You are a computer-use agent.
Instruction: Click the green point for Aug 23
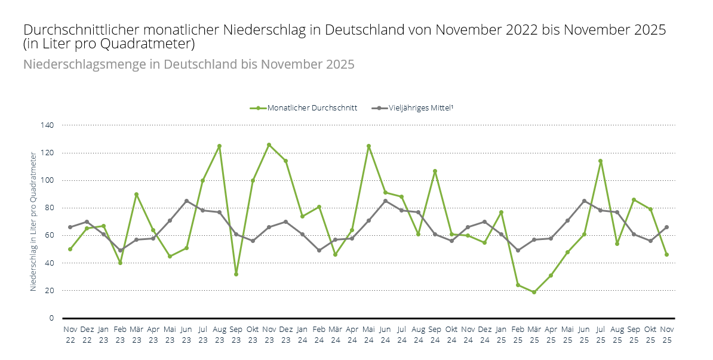(219, 146)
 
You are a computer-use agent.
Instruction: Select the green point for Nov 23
(269, 144)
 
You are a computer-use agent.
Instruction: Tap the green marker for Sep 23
(236, 274)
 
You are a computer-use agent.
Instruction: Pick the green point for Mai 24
(368, 146)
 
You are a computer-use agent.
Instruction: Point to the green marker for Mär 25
(534, 292)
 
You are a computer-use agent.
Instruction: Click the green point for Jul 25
(600, 161)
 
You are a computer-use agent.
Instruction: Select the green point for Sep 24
(435, 171)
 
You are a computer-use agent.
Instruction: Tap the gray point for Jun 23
(186, 201)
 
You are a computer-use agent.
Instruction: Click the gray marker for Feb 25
(517, 250)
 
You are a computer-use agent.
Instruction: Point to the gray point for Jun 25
(583, 201)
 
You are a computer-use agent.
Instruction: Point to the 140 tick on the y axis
(48, 125)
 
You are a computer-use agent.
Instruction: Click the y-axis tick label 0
(51, 318)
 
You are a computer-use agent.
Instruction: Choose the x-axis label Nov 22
(70, 333)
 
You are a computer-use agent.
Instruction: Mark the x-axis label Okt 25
(650, 333)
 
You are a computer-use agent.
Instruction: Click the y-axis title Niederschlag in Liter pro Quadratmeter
(33, 221)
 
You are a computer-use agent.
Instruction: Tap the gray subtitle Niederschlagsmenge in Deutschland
(131, 64)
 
